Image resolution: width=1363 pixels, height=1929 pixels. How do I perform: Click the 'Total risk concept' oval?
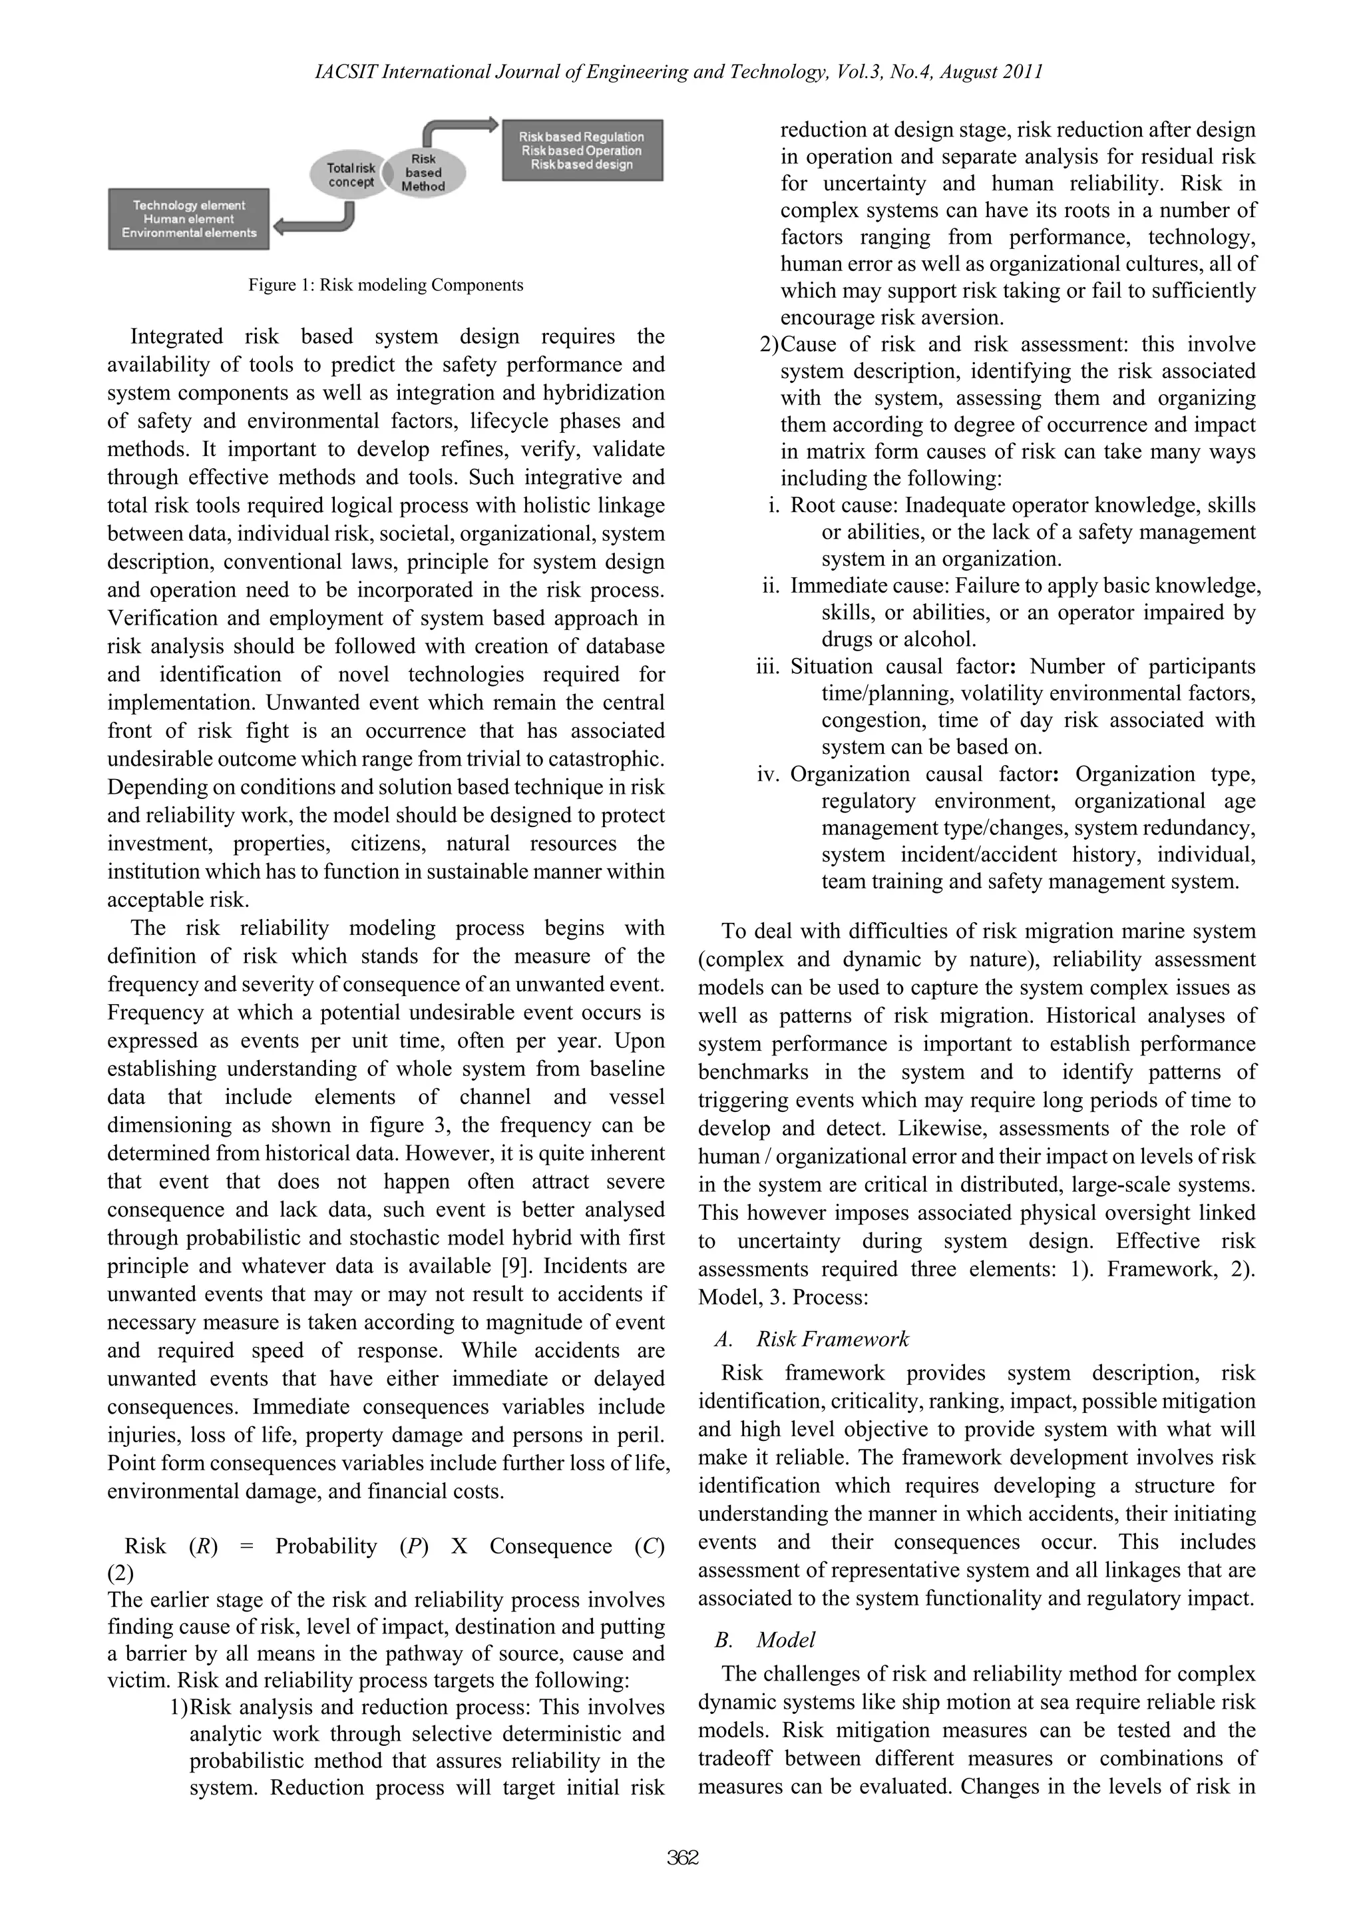[x=351, y=174]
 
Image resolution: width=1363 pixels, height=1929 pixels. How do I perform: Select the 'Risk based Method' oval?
[x=423, y=172]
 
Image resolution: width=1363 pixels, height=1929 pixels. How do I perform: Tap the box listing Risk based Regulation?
[x=582, y=150]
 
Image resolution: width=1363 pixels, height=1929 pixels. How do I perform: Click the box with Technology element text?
[x=189, y=218]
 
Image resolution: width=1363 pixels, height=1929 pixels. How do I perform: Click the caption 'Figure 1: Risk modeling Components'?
[x=385, y=285]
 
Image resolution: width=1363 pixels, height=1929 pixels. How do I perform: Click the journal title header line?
[x=679, y=73]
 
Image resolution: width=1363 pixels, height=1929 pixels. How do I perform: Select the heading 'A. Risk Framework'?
[x=811, y=1338]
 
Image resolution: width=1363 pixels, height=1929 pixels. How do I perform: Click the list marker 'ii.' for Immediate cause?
[x=771, y=585]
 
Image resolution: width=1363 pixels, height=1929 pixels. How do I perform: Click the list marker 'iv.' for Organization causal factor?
[x=769, y=774]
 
